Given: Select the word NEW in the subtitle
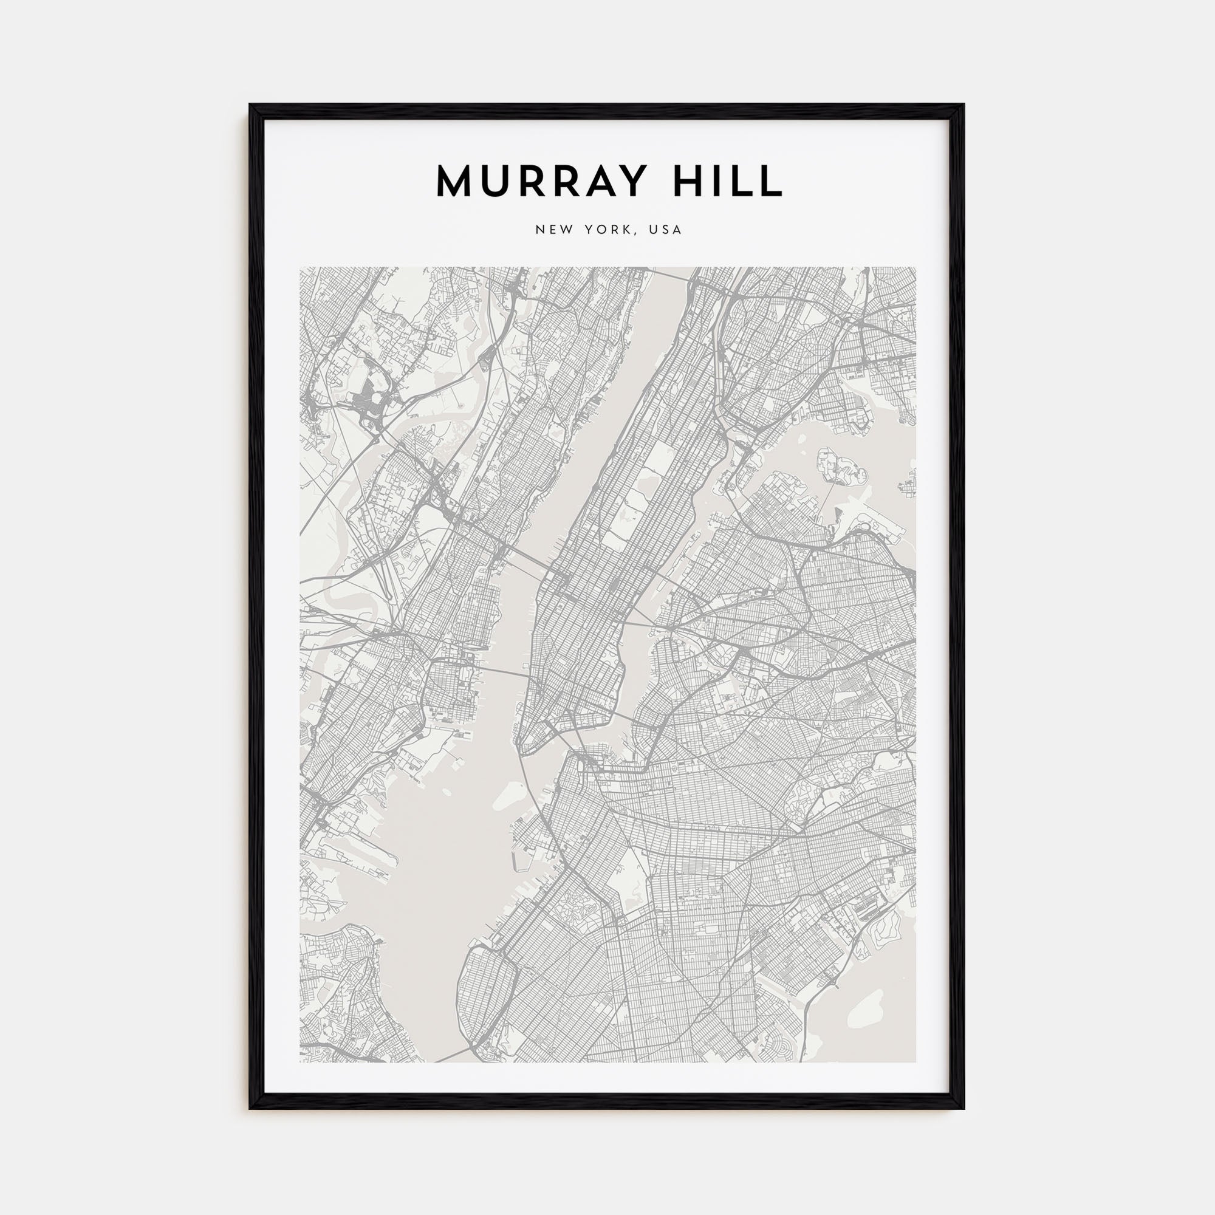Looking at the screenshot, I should click(555, 230).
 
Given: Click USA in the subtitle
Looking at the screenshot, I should click(666, 230).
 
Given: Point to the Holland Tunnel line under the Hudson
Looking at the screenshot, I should click(503, 673).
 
